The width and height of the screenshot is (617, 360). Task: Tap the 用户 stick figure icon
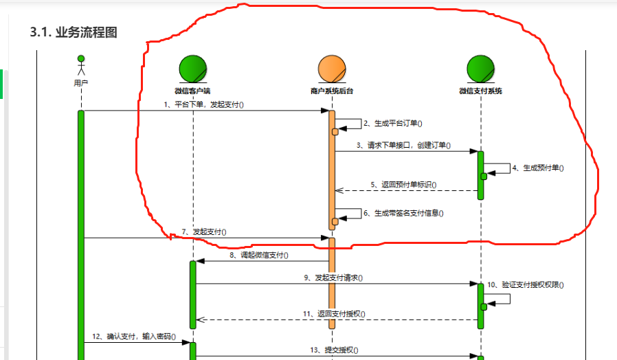click(x=81, y=66)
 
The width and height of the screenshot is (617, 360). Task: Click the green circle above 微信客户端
click(x=192, y=69)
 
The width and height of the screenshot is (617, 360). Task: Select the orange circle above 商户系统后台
click(x=332, y=69)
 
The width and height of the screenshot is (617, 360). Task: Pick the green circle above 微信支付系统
click(x=480, y=69)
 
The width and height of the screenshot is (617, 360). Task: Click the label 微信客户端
click(x=192, y=90)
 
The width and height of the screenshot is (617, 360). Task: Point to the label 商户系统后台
click(x=332, y=90)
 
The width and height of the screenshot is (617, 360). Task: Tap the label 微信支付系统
click(x=480, y=90)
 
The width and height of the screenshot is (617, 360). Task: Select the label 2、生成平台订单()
click(x=392, y=124)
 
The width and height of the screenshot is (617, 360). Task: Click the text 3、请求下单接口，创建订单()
click(x=403, y=146)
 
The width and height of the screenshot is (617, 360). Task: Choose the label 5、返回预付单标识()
click(x=403, y=185)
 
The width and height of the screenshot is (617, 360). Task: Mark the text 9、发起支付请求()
click(x=333, y=278)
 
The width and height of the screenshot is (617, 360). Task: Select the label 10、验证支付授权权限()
click(x=530, y=284)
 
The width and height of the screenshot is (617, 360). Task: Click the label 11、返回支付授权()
click(x=334, y=314)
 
